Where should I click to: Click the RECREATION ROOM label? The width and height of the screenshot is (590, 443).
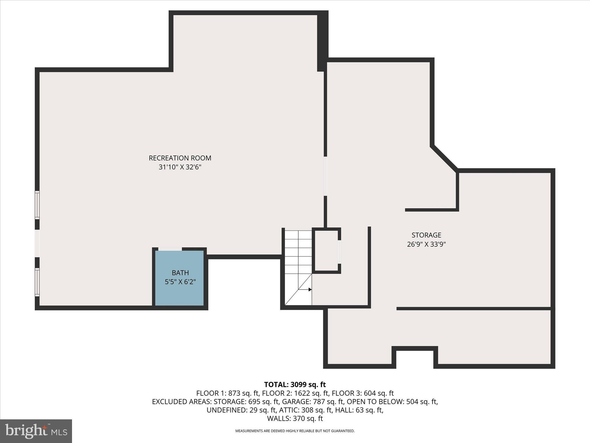click(180, 158)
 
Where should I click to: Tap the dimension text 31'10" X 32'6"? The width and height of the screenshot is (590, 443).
click(180, 167)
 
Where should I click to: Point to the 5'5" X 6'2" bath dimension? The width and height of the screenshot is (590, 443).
click(180, 282)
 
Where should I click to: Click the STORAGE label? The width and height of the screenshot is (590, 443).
click(426, 235)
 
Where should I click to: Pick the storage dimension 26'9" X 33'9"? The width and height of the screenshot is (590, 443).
click(426, 244)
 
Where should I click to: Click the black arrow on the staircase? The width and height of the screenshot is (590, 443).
click(310, 289)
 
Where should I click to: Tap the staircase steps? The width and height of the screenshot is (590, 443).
click(298, 251)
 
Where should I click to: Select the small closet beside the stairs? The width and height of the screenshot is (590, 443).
click(326, 250)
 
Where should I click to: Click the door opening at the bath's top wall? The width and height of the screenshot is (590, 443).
click(170, 249)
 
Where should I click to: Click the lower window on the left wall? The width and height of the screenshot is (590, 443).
click(37, 282)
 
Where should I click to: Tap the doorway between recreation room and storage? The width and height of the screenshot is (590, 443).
click(325, 176)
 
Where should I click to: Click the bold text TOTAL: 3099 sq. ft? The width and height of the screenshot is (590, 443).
click(295, 384)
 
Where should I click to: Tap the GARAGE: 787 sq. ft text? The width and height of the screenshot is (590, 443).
click(313, 401)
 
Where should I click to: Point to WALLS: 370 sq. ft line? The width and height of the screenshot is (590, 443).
click(295, 418)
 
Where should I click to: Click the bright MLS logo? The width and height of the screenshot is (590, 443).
click(36, 431)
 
